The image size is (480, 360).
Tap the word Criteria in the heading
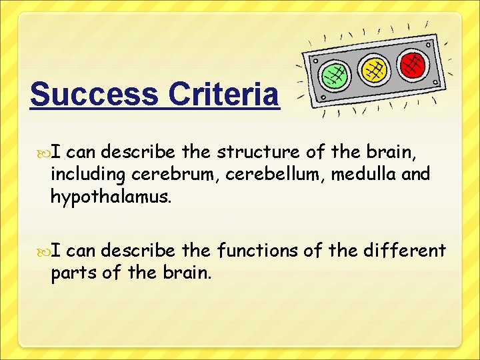224,95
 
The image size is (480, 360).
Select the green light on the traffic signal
333,75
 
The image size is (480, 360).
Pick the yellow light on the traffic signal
373,69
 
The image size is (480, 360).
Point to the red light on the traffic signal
412,63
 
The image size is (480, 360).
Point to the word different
405,251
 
